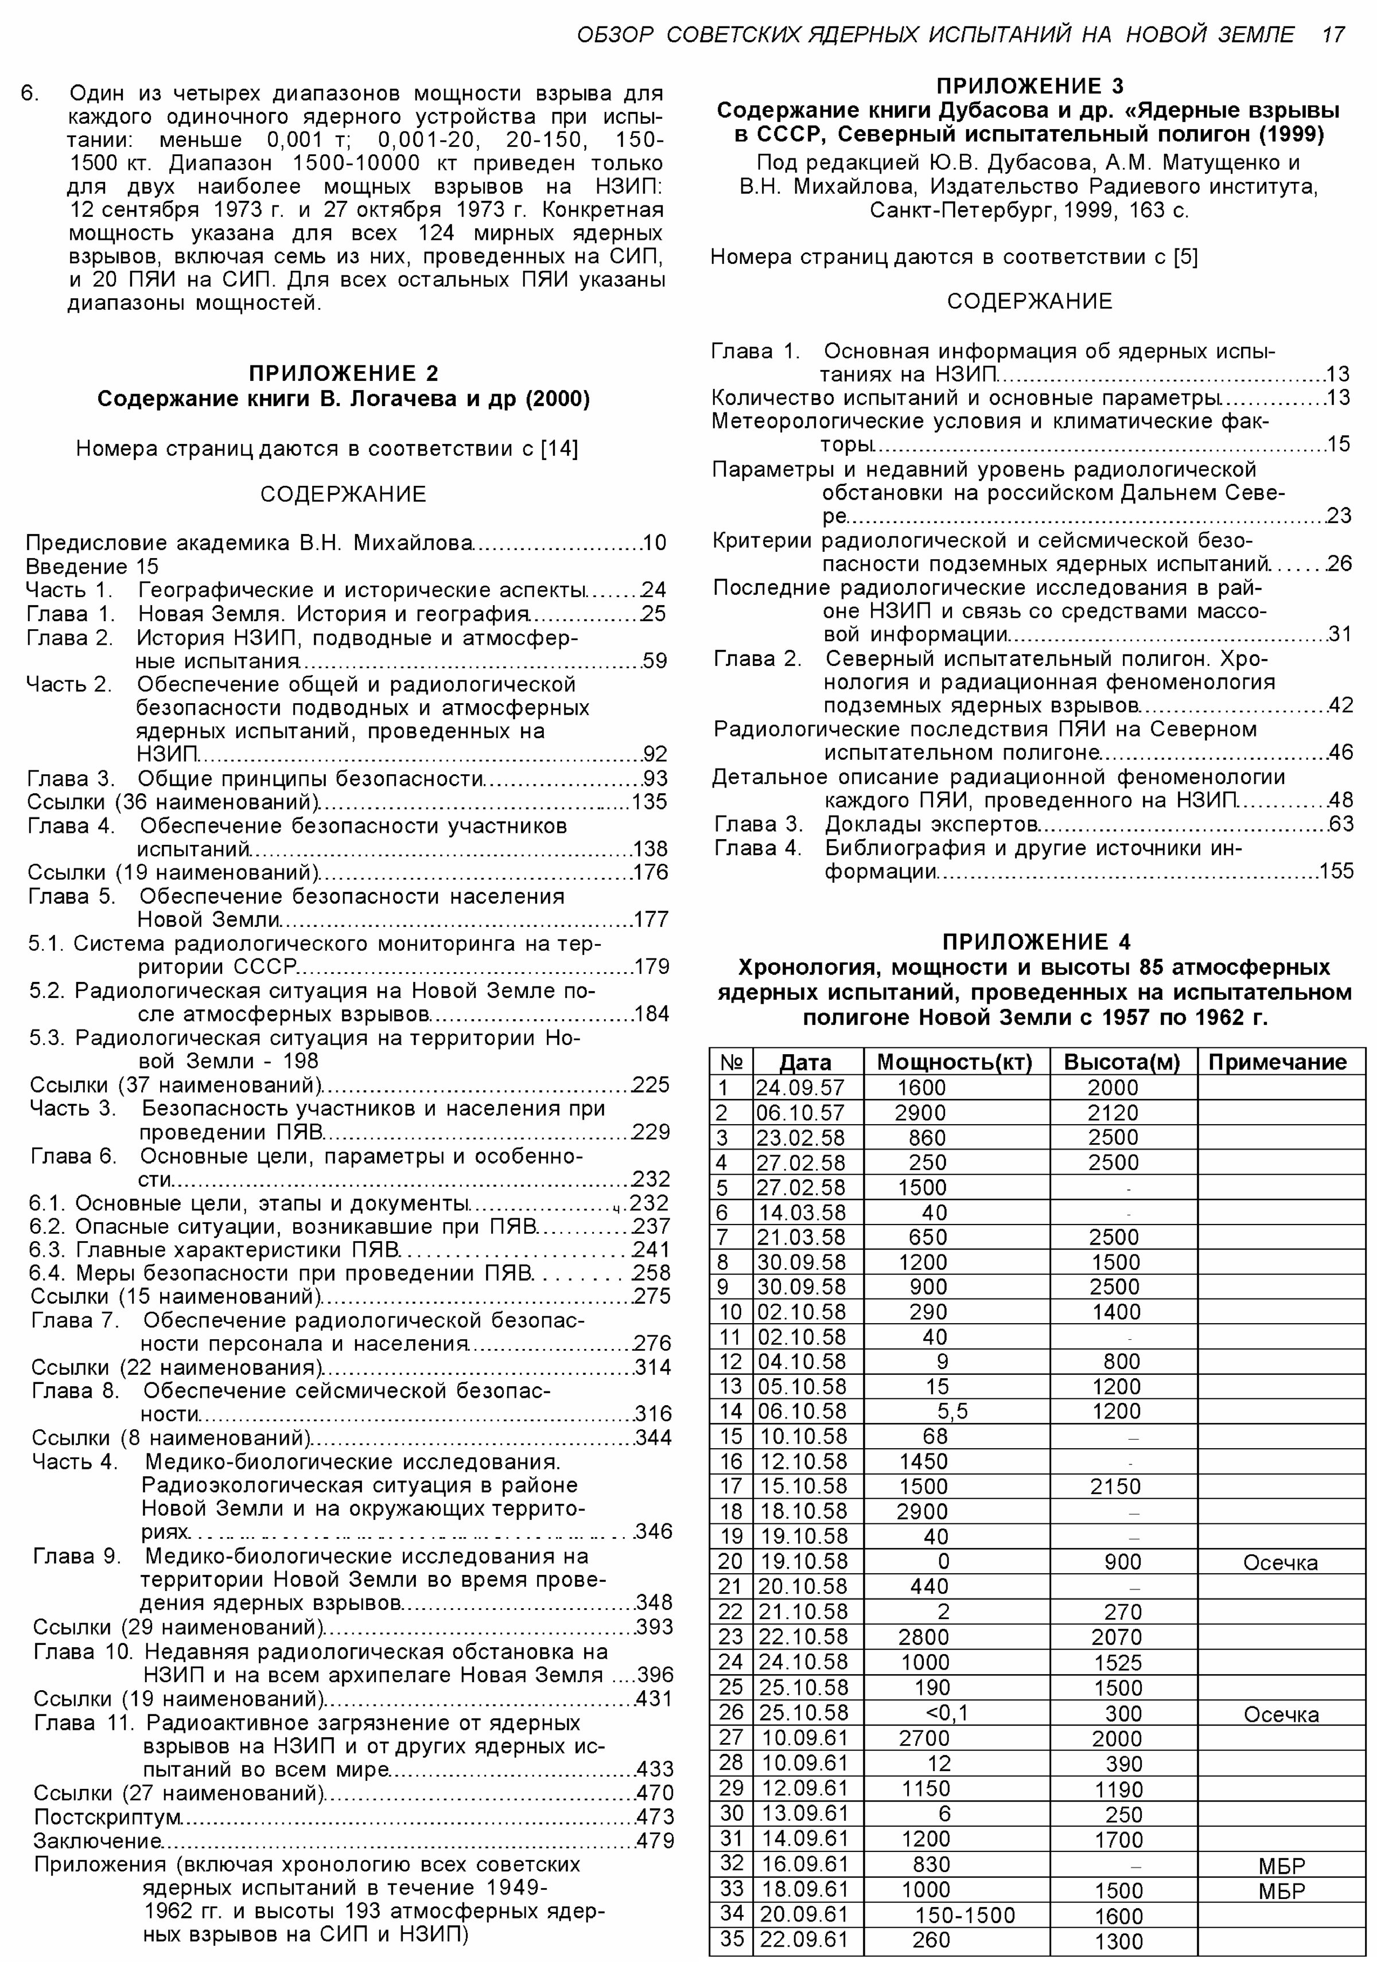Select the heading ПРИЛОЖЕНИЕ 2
pos(343,373)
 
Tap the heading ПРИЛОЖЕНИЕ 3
pos(1030,85)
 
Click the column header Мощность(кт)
pos(955,1062)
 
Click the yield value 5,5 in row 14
pos(952,1410)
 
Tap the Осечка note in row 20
pos(1279,1562)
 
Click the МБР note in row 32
pos(1281,1866)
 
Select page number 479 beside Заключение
pos(655,1840)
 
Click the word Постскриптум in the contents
pos(108,1816)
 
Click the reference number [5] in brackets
pos(1185,256)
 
